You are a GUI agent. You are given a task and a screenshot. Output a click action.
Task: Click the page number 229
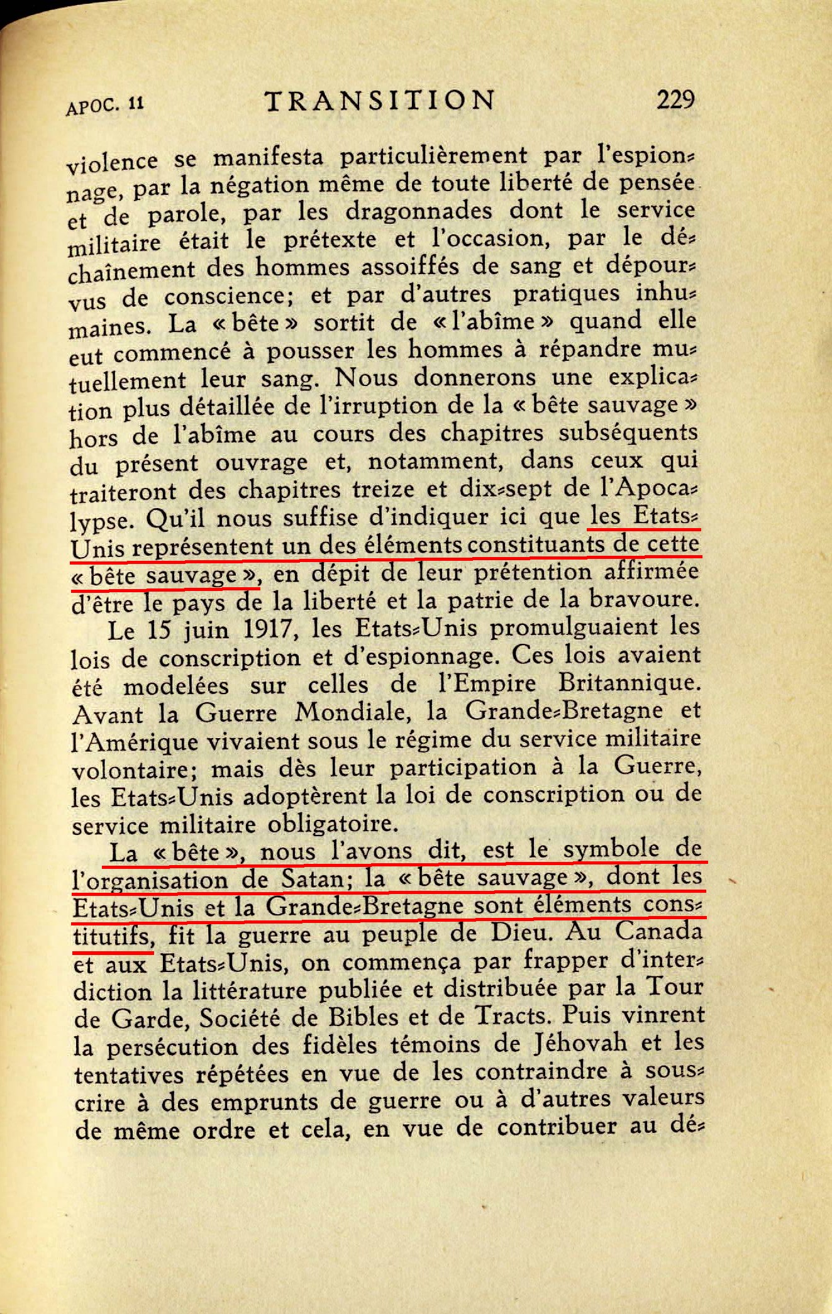(675, 99)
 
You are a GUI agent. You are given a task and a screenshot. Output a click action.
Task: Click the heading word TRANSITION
(380, 101)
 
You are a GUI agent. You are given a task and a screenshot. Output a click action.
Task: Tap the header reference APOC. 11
(105, 105)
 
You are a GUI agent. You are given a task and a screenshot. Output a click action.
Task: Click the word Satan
(314, 879)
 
